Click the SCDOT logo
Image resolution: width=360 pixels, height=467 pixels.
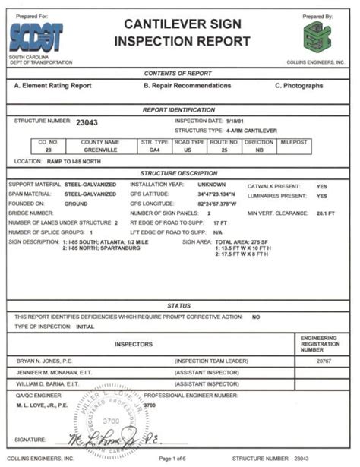click(x=36, y=36)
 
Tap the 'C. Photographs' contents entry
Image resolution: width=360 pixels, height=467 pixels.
click(x=298, y=86)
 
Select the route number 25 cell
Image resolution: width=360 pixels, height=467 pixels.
click(x=221, y=150)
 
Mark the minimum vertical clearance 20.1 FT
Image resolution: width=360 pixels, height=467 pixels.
click(x=326, y=213)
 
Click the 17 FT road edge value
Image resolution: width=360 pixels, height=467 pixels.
click(x=221, y=222)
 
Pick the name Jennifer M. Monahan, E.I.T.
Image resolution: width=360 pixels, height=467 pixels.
click(x=50, y=373)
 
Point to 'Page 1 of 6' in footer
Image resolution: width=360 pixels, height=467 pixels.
click(x=177, y=459)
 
